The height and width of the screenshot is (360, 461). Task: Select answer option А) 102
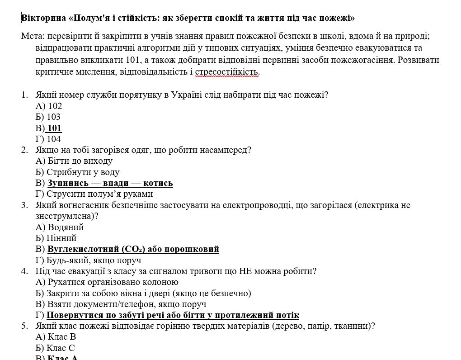coord(49,106)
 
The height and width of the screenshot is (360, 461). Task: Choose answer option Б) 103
coord(48,117)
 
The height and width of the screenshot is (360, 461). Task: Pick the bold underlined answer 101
coord(54,128)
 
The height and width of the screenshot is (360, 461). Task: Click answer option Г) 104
coord(48,139)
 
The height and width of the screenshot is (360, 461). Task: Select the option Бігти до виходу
coord(80,161)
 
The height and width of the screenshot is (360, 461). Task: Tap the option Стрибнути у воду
coord(83,172)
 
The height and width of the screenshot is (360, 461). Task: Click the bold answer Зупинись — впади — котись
coord(110,183)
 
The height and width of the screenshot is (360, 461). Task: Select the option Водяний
coord(66,227)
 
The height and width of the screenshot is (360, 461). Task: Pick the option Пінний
coord(61,238)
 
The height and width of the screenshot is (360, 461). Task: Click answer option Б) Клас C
coord(55,348)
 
